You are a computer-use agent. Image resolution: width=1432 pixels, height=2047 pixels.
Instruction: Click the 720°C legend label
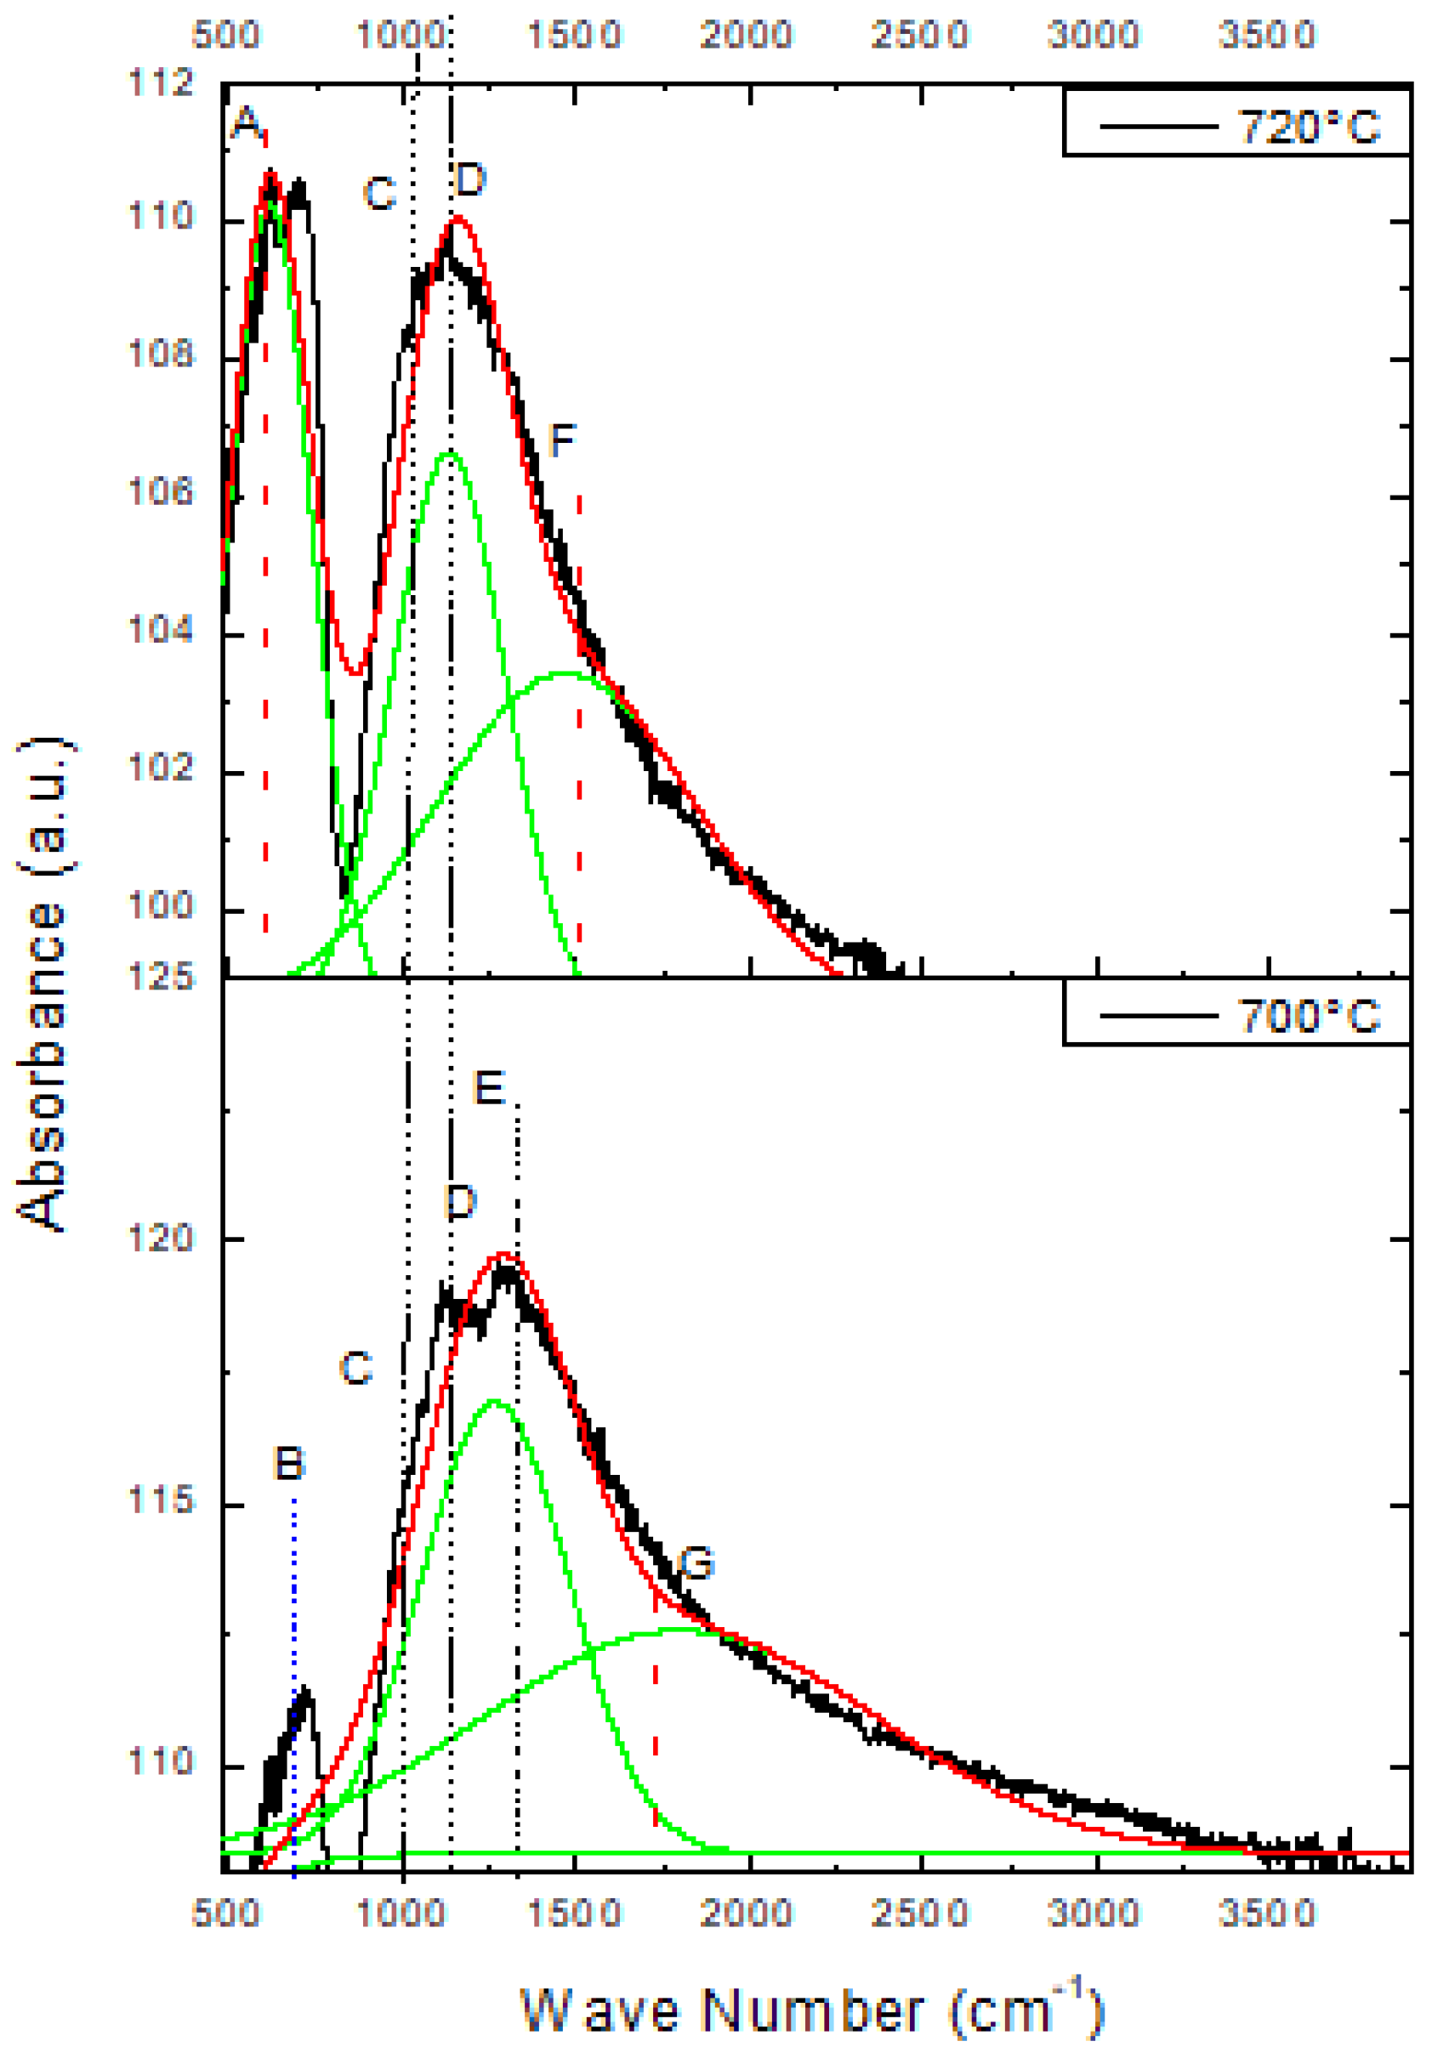pos(1308,127)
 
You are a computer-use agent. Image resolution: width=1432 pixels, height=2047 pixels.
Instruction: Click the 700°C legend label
pos(1308,1016)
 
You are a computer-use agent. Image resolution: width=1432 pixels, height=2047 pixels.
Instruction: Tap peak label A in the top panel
pos(246,122)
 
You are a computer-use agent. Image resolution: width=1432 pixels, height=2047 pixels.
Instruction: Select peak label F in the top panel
pos(562,439)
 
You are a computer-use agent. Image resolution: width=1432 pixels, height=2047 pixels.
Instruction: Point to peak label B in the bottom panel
pos(290,1463)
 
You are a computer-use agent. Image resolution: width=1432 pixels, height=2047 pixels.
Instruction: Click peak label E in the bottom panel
pos(489,1088)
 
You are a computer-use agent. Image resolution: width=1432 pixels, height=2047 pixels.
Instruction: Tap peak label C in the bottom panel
pos(355,1368)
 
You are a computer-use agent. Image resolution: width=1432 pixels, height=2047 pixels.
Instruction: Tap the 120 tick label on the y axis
pos(162,1238)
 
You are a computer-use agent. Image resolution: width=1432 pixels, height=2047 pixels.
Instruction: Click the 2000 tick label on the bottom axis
pos(747,1912)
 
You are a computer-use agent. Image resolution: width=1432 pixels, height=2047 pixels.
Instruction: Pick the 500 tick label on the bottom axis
pos(225,1912)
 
